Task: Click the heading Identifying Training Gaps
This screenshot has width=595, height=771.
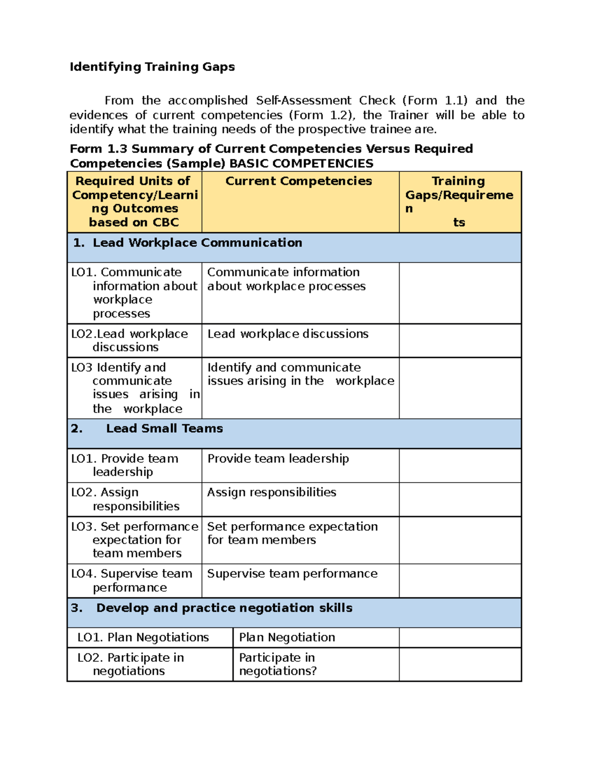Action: point(152,67)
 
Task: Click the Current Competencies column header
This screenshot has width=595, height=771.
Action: point(298,181)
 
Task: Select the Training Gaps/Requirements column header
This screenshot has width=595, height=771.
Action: point(459,201)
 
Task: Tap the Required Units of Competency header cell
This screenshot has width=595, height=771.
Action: point(134,201)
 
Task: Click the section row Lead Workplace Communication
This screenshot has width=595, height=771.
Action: point(197,243)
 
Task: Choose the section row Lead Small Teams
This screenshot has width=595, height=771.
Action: point(164,428)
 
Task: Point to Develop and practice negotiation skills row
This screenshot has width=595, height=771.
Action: point(224,608)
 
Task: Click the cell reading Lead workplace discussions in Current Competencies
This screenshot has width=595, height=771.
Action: point(288,334)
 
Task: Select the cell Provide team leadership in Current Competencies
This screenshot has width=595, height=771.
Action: point(278,459)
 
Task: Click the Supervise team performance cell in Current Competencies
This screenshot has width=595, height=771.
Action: point(292,574)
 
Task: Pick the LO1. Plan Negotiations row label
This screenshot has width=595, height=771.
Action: point(143,637)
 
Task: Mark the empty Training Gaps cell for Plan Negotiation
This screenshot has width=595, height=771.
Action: point(460,637)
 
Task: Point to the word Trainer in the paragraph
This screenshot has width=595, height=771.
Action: point(408,115)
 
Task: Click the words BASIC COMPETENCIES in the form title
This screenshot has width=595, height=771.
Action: point(301,164)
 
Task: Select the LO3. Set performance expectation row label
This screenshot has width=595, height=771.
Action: point(134,540)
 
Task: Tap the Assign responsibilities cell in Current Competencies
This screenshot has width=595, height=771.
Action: point(271,492)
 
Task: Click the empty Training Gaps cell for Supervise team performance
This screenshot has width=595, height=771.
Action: point(460,580)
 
